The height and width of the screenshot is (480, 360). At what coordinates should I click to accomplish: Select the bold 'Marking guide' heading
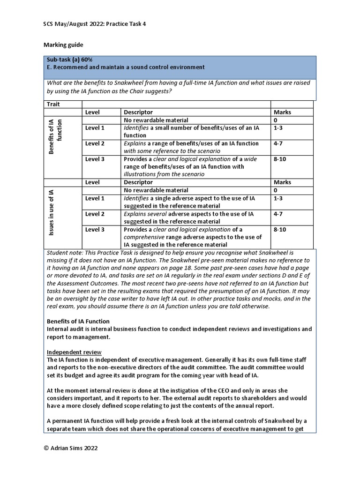tap(63, 45)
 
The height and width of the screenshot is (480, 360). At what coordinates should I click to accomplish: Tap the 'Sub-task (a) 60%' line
tap(69, 60)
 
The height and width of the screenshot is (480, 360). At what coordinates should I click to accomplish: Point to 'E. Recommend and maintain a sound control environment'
tap(125, 67)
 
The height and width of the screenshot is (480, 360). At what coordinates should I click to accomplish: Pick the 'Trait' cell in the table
tap(53, 104)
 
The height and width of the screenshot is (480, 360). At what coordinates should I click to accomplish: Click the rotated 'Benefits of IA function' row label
tap(56, 136)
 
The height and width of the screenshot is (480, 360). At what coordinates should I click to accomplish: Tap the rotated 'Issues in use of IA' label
tap(51, 214)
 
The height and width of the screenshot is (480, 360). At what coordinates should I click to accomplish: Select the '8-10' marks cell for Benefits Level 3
tap(281, 159)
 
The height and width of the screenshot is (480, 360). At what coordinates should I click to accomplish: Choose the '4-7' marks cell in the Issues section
tap(278, 214)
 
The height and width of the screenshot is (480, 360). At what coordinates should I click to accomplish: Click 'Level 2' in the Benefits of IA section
tap(95, 143)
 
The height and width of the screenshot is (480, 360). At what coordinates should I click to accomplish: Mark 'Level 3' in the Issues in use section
tap(95, 229)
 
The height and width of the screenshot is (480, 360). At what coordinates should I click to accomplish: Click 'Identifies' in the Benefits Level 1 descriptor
tap(135, 128)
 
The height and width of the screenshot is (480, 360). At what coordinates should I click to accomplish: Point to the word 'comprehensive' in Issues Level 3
tap(144, 237)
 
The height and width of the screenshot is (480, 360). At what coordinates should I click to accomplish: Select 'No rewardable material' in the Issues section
tap(156, 190)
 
